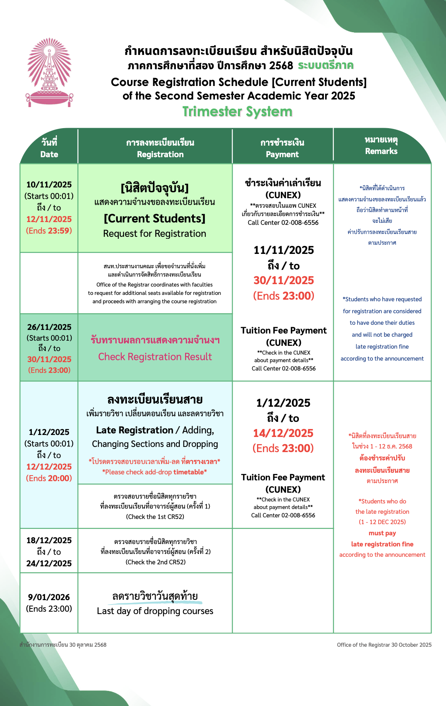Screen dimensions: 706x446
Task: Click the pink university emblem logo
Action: point(49,72)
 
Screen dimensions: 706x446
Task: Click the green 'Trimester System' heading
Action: point(238,112)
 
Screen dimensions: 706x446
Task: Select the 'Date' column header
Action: point(49,154)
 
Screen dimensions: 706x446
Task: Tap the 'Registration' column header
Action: point(160,154)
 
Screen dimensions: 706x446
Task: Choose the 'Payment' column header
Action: point(282,154)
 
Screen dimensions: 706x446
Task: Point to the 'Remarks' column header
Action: point(381,151)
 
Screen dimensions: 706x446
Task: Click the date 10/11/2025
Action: point(49,185)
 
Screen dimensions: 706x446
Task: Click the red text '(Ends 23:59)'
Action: point(49,231)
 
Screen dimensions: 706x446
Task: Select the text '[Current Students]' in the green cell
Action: point(155,218)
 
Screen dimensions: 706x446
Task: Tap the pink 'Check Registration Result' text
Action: point(155,357)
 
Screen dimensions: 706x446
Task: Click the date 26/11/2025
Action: point(49,327)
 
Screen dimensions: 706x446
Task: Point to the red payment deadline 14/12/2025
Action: point(283,433)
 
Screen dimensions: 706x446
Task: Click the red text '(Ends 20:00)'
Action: point(49,478)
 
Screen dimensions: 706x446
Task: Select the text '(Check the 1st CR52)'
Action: point(155,517)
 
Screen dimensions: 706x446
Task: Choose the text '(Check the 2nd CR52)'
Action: point(156,562)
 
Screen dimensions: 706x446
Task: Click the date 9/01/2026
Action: point(49,597)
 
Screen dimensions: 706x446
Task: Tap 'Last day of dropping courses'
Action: point(155,611)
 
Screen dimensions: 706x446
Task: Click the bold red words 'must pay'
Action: point(382,533)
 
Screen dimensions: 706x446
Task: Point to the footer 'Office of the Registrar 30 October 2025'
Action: point(384,645)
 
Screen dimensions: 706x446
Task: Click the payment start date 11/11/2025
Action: point(284,250)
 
